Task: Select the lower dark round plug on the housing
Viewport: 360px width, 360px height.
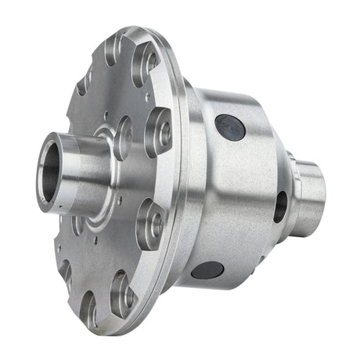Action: [207, 271]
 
